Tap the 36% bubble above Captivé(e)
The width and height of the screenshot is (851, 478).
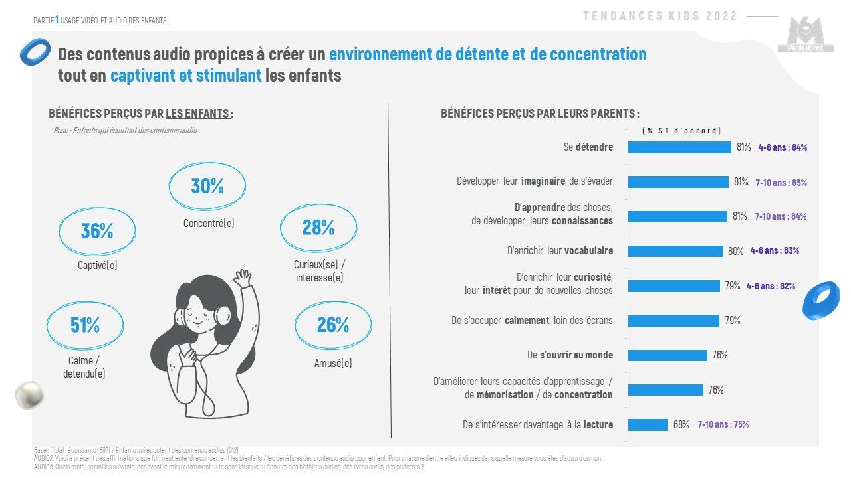point(97,231)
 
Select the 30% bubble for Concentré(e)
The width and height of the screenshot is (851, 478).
point(207,187)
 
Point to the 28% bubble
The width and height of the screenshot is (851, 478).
point(318,228)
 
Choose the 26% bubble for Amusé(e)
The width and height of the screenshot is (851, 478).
point(333,325)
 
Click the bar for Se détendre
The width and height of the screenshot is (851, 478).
point(679,147)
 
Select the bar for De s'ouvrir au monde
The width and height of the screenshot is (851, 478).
point(668,355)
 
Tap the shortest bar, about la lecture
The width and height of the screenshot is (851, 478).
point(648,424)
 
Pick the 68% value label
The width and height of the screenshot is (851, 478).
point(681,424)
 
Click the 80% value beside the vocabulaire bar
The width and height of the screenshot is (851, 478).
point(735,251)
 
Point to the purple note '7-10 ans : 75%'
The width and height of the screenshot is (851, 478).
point(723,424)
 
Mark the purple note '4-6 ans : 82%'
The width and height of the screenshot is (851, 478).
point(771,286)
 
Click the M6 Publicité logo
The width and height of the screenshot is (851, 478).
point(805,35)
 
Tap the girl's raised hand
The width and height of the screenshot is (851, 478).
point(243,278)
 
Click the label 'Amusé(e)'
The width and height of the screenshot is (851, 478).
point(333,363)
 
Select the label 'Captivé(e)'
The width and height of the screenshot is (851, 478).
point(97,266)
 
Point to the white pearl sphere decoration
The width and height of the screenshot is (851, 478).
point(29,396)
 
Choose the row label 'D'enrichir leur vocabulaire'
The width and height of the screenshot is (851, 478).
point(560,251)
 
